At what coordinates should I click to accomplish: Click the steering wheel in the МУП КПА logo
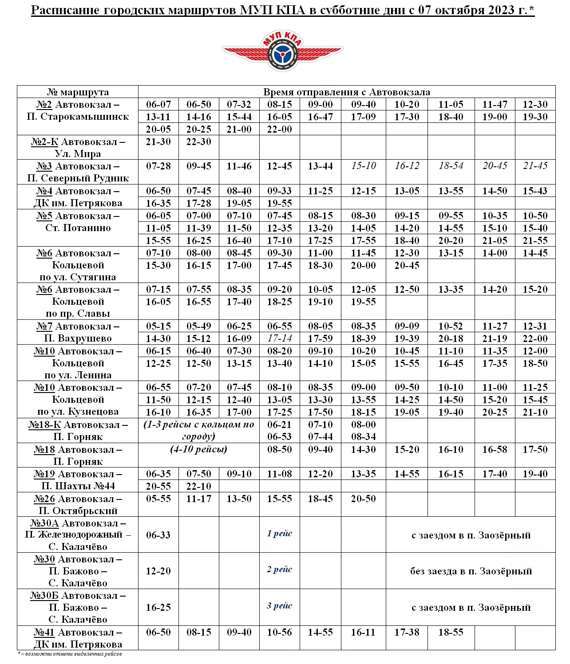[283, 55]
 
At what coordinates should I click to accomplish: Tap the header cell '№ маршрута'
[78, 92]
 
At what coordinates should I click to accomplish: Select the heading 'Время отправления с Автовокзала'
[346, 92]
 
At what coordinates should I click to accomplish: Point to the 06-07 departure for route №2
[158, 105]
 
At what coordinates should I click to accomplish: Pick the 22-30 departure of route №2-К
[198, 142]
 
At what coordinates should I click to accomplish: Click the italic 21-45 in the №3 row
[535, 166]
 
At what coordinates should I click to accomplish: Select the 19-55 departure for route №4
[279, 203]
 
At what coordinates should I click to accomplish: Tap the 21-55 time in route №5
[535, 240]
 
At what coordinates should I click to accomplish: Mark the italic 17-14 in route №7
[279, 338]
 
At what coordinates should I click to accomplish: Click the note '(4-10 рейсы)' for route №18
[198, 449]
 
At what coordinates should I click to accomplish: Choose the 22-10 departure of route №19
[198, 487]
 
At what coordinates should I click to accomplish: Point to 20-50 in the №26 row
[363, 499]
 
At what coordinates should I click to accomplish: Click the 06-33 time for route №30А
[158, 535]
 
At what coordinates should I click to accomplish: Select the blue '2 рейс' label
[279, 570]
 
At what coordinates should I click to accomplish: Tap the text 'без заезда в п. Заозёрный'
[471, 571]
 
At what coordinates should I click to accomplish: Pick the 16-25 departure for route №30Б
[158, 608]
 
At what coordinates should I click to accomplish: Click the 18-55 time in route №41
[451, 633]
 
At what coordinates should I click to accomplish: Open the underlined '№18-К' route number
[44, 425]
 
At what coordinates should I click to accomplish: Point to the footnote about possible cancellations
[70, 654]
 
